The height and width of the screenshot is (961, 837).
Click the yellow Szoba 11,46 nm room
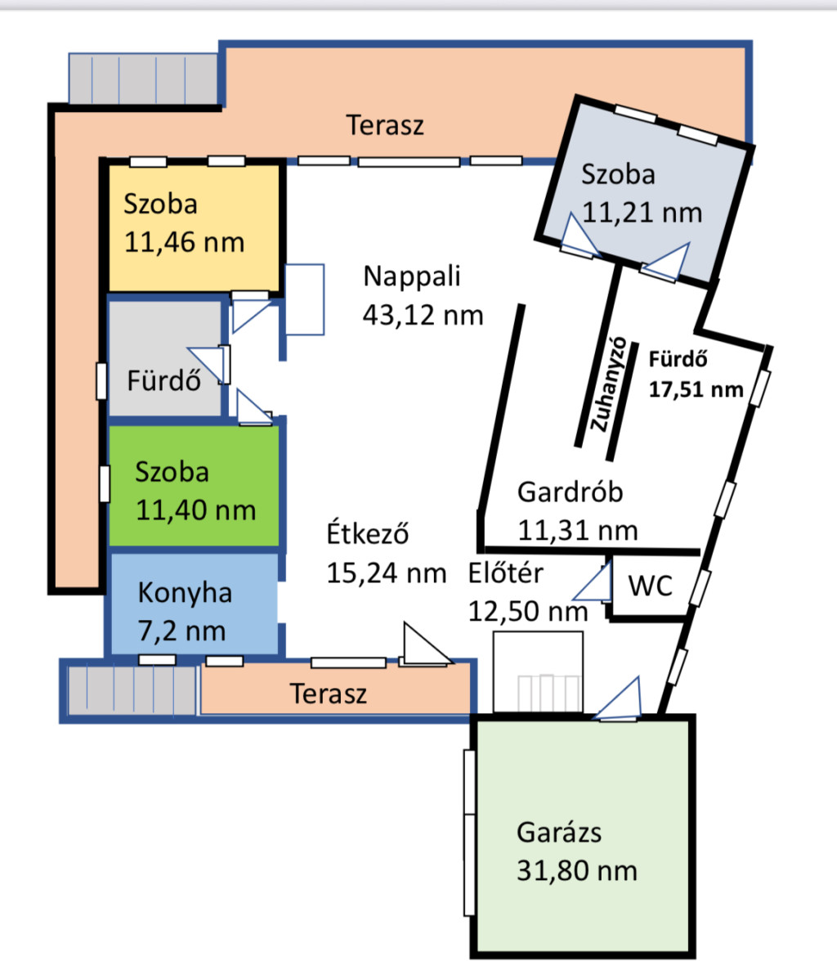195,227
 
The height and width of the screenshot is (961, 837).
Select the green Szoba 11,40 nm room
195,485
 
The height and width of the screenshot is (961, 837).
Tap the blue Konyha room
195,604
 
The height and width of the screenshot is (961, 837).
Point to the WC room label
650,586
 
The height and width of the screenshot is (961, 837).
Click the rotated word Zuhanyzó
608,384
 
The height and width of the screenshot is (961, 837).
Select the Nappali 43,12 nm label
423,295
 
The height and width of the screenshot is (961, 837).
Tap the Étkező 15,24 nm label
386,554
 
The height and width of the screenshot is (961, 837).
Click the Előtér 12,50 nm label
527,592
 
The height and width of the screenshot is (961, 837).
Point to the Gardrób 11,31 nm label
577,511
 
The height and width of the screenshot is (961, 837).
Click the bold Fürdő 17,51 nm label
696,374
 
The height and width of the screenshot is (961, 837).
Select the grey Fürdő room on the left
164,358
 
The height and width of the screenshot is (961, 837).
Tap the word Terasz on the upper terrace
385,125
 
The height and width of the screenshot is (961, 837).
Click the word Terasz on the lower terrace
329,694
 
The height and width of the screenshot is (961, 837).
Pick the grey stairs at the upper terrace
143,79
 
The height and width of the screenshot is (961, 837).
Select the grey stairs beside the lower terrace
132,690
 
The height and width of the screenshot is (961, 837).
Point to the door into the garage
618,698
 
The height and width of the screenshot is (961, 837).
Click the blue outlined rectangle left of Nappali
305,299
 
